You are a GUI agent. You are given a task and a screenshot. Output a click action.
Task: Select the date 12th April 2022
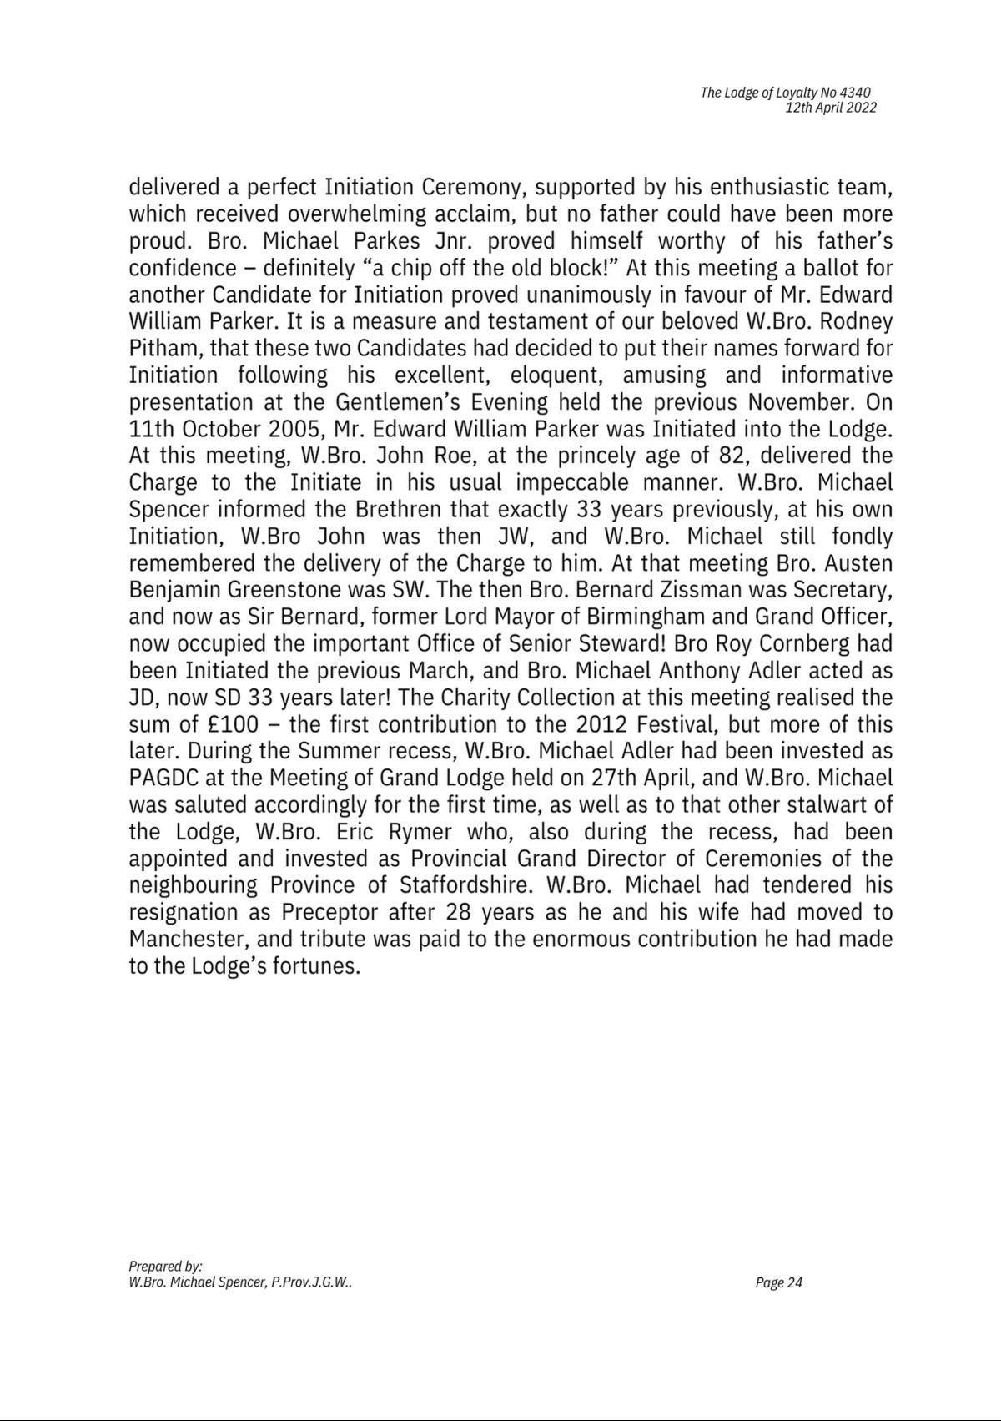click(831, 108)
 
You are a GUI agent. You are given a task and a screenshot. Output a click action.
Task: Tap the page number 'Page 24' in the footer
click(778, 1282)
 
